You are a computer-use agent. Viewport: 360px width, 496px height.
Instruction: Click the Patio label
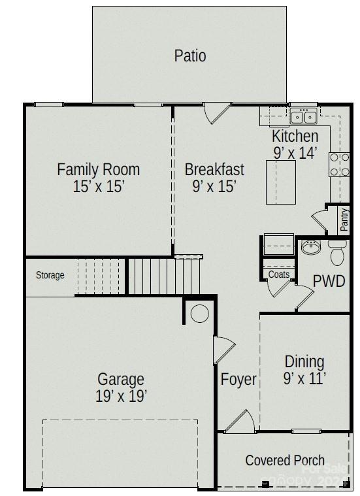(189, 56)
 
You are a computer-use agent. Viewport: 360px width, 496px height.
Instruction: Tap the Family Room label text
(98, 169)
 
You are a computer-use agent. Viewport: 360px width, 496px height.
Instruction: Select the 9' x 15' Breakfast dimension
(214, 187)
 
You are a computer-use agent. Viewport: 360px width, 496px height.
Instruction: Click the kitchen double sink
(303, 118)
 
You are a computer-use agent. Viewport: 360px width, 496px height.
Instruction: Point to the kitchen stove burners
(338, 165)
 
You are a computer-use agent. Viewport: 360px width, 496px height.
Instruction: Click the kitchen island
(281, 182)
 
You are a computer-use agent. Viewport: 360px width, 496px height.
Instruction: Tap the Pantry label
(344, 220)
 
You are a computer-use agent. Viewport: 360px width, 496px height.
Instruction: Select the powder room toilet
(337, 252)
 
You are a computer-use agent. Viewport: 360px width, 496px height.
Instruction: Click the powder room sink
(310, 248)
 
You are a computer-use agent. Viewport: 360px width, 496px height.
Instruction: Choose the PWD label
(329, 281)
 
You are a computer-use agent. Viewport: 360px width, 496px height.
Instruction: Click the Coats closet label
(279, 274)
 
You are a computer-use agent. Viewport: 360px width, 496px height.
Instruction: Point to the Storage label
(50, 275)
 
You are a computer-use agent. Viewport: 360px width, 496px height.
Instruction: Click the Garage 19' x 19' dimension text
(121, 396)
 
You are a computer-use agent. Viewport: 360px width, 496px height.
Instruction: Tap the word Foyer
(238, 379)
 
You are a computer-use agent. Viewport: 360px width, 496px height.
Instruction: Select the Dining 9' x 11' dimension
(304, 378)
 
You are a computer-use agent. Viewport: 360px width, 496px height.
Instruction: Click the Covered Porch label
(285, 460)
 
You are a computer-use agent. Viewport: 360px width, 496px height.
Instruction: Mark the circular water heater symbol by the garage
(199, 314)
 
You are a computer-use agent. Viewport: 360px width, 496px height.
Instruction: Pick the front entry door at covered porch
(239, 421)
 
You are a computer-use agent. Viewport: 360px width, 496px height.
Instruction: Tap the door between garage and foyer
(223, 350)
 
